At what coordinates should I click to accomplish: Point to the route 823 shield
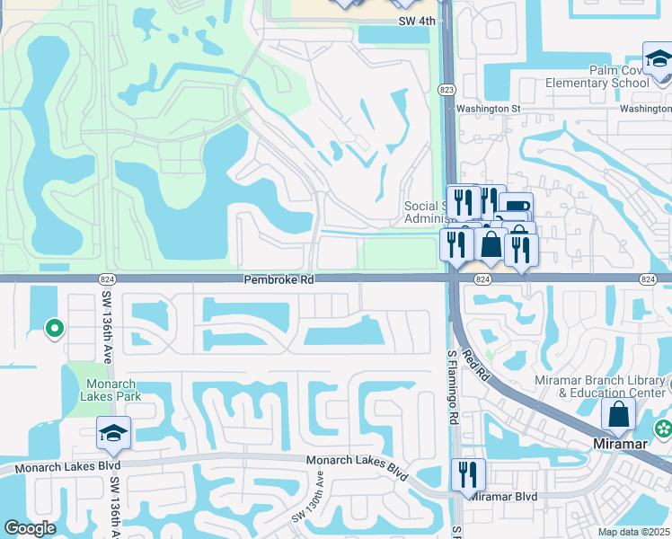(x=446, y=90)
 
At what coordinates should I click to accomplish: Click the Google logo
(x=30, y=528)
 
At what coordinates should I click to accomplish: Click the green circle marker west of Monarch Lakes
(x=54, y=329)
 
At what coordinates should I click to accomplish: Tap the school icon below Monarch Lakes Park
(x=113, y=433)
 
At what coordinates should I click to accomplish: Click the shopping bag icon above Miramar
(x=618, y=414)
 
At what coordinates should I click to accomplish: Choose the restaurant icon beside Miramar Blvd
(x=468, y=474)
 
